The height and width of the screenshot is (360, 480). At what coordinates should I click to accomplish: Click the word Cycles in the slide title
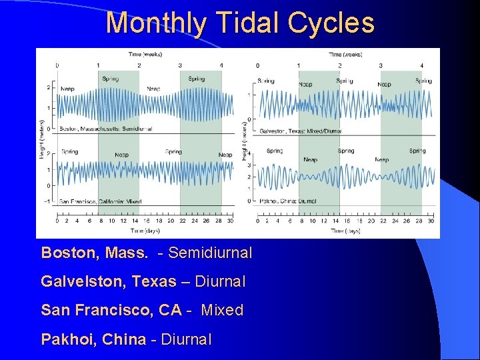[x=331, y=23]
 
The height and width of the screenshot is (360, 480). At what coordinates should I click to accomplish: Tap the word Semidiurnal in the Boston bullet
[x=210, y=253]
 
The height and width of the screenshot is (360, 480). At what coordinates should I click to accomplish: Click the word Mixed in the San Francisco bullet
[x=222, y=311]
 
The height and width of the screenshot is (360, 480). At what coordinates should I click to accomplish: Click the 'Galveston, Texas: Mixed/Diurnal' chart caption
[x=300, y=131]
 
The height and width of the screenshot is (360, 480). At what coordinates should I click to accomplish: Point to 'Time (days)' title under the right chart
[x=345, y=231]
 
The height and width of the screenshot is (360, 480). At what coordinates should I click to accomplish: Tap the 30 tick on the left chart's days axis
[x=231, y=221]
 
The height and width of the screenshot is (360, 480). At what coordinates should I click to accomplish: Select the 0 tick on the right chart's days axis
[x=258, y=221]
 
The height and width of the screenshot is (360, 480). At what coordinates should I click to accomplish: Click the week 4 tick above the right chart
[x=421, y=65]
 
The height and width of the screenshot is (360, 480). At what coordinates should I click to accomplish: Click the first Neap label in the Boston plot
[x=67, y=89]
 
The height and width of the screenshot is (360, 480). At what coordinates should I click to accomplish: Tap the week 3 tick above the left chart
[x=180, y=65]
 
